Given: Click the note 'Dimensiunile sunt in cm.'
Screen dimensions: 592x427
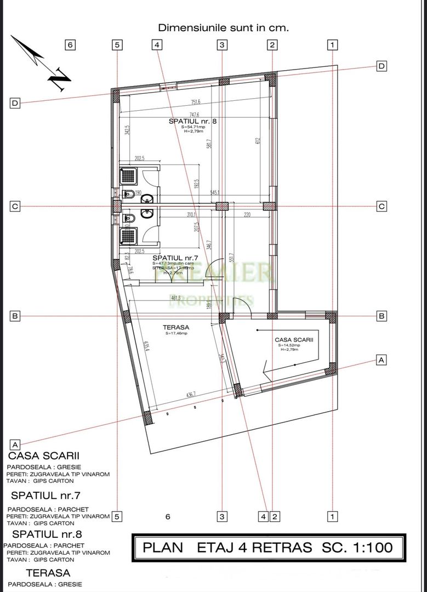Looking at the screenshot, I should click(x=223, y=27).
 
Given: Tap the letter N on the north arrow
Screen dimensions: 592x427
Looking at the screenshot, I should click(x=59, y=80).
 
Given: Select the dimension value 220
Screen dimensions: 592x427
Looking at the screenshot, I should click(x=247, y=215).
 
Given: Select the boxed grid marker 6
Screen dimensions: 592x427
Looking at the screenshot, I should click(x=70, y=45).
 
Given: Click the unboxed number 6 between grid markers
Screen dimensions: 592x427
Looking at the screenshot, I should click(x=168, y=516).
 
